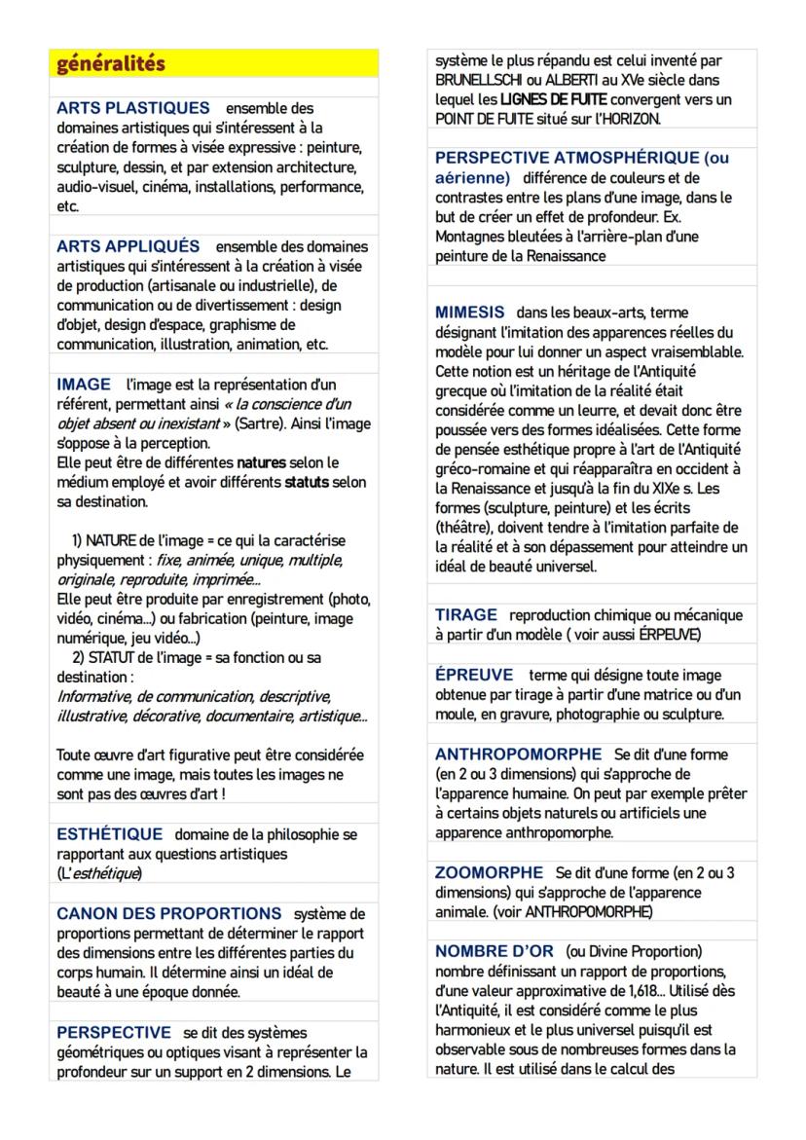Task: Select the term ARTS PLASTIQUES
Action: [x=133, y=108]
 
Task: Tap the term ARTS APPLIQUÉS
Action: [x=128, y=246]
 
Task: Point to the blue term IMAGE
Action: [x=84, y=385]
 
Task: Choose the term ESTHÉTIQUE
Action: [x=110, y=834]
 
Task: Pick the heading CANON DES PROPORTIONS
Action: [x=169, y=913]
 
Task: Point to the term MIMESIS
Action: [x=470, y=312]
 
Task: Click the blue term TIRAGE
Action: [x=466, y=615]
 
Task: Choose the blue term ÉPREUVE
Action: [x=474, y=675]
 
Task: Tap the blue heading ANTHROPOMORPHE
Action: [x=519, y=754]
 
